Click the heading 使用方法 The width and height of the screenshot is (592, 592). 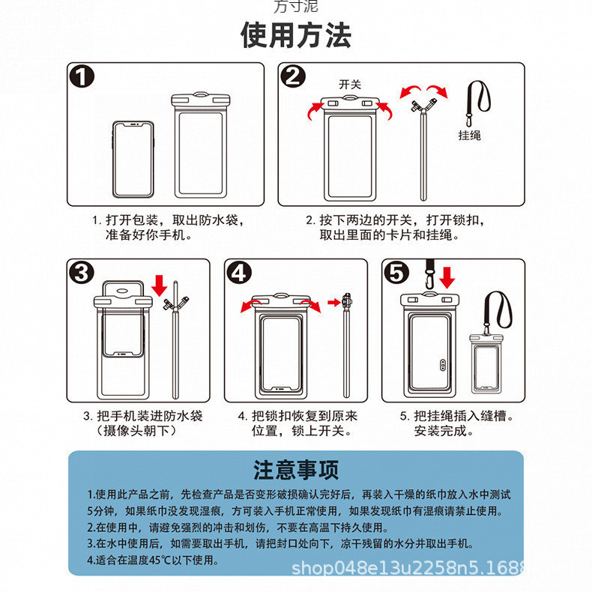[x=295, y=35]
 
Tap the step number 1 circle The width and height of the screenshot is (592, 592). [x=83, y=78]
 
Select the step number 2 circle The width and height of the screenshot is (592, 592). [x=293, y=78]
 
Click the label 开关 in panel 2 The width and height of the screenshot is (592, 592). [x=349, y=85]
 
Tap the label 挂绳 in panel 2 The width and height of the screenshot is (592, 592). [x=470, y=135]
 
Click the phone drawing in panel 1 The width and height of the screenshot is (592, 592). [x=133, y=158]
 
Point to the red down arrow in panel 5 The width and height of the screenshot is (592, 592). [x=447, y=277]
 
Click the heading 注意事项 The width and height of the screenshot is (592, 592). [x=295, y=470]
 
